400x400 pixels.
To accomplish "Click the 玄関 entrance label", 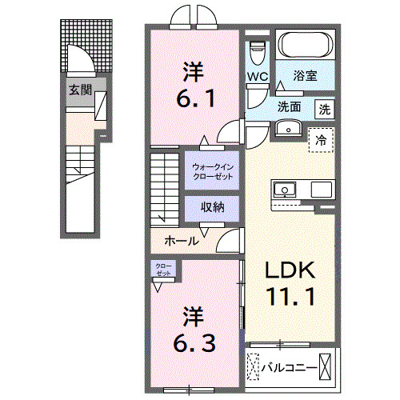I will click(78, 90).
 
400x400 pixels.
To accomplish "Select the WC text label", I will click(257, 77).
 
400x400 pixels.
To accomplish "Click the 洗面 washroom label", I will click(290, 106).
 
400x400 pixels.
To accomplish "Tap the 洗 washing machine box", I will click(324, 107).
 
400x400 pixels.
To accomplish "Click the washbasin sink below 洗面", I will click(287, 128).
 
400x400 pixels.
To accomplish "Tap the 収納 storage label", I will click(212, 207).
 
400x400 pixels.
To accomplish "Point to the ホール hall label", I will click(182, 240).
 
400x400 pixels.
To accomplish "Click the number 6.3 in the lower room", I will click(192, 329).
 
